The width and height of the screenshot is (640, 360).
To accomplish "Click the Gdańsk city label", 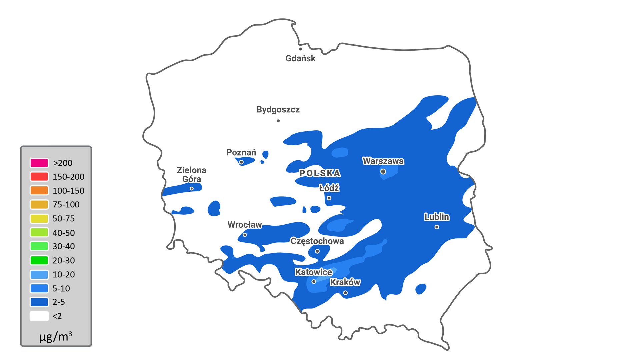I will coord(300,58).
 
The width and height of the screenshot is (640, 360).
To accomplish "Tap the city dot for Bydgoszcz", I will coord(278,121).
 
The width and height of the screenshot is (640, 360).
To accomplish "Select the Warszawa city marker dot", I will coord(383,172).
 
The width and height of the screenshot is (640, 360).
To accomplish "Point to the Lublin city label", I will coord(437,217).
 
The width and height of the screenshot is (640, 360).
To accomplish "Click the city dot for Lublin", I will coord(437,227).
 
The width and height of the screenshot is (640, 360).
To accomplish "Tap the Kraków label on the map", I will coord(345,282).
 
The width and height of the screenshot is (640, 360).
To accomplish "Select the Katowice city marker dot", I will coord(314,282).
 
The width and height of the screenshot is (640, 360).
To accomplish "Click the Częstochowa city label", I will coord(317,241).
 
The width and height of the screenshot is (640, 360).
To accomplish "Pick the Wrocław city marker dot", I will coord(245,235).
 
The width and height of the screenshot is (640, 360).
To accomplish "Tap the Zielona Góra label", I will coord(192,175).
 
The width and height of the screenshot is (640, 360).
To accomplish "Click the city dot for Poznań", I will coord(241,162).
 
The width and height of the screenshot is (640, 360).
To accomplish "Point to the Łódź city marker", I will coord(329,198).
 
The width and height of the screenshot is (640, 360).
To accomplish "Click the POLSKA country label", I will coord(320,173).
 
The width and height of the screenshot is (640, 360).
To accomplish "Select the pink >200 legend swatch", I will coord(39,163).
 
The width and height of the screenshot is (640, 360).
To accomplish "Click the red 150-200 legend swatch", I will coord(39,177).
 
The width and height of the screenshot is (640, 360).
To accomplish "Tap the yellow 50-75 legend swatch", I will coord(39,219).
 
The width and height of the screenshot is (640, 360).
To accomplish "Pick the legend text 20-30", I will coord(64,261).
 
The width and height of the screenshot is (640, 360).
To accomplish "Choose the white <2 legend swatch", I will coord(39,316).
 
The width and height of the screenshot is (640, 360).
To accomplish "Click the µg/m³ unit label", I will coord(56,337).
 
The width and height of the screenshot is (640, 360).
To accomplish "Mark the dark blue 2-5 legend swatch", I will coord(39,302).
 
